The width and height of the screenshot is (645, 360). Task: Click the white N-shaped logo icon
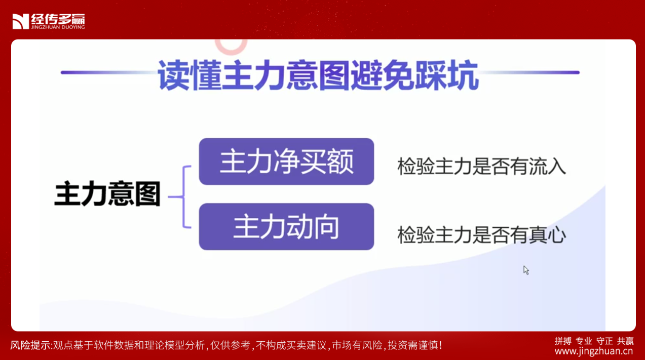(21, 21)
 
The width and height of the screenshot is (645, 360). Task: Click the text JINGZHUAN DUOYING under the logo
(58, 27)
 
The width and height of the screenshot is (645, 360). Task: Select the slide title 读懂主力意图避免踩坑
(318, 75)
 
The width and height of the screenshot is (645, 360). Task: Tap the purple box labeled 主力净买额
(286, 162)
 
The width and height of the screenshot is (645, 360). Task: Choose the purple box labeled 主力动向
(286, 226)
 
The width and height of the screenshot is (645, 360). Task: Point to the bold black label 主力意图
(107, 193)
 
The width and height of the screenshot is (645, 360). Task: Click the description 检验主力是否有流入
(481, 167)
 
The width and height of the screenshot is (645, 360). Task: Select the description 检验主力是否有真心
(481, 235)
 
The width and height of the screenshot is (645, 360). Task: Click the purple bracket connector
(183, 197)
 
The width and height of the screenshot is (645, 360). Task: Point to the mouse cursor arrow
(526, 270)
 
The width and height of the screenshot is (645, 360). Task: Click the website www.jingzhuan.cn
(594, 351)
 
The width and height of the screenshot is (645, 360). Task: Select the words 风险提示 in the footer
(30, 345)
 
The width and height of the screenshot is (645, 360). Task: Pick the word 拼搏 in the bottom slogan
(563, 341)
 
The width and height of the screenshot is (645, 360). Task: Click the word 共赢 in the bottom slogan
(625, 341)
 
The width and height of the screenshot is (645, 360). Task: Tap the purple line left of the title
(109, 72)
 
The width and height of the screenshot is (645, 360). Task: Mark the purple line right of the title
(529, 72)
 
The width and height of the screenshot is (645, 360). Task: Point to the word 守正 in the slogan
(604, 341)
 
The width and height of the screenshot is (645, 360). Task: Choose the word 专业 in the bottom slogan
(584, 341)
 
